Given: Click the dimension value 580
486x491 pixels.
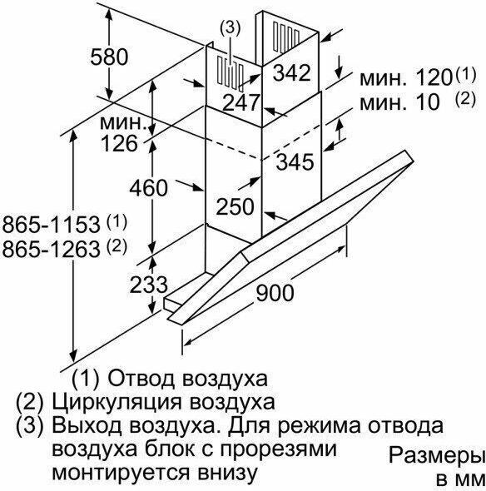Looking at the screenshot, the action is click(x=109, y=57).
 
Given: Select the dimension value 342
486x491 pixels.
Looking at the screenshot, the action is click(x=291, y=72).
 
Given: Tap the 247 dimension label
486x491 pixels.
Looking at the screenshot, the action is click(x=241, y=102).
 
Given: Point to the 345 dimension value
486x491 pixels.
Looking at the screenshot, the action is click(x=295, y=161).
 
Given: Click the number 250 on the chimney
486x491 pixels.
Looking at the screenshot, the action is click(x=235, y=206).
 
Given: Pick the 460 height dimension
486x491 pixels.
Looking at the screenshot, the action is click(x=148, y=188).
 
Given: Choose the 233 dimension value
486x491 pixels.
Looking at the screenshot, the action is click(x=148, y=285).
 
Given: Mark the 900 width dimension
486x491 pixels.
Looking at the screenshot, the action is click(x=275, y=293).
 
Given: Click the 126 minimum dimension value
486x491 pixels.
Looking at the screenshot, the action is click(x=119, y=143).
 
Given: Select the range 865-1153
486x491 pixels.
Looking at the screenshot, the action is click(x=51, y=224).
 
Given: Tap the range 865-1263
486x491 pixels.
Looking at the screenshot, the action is click(x=51, y=249).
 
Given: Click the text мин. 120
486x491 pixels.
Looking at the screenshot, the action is click(x=406, y=77).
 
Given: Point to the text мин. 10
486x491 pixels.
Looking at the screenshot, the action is click(x=399, y=102).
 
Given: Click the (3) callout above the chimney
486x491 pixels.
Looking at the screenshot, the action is click(x=231, y=28).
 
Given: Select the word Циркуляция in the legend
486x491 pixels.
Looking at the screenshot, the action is click(x=117, y=403).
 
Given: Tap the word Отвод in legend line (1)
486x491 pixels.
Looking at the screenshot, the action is click(x=141, y=379).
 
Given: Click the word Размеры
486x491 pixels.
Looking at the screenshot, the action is click(x=435, y=454).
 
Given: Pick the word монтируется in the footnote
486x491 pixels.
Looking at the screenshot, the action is click(x=121, y=474).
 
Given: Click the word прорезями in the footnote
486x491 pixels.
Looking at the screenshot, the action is click(x=278, y=450).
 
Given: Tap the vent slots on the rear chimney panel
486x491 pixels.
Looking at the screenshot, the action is click(x=286, y=37).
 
